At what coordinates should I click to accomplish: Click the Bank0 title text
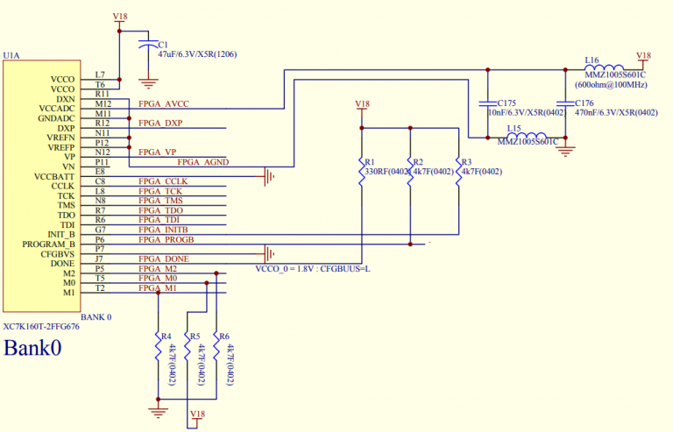pos(33,348)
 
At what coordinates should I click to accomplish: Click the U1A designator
pos(11,55)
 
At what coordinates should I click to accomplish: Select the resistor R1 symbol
pos(362,174)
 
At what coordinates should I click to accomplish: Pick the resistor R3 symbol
pos(458,174)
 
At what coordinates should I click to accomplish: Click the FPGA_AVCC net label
pos(164,104)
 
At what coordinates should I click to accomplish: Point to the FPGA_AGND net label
pos(202,162)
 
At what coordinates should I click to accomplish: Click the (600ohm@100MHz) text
pos(612,85)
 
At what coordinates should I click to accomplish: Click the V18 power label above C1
pos(120,17)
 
